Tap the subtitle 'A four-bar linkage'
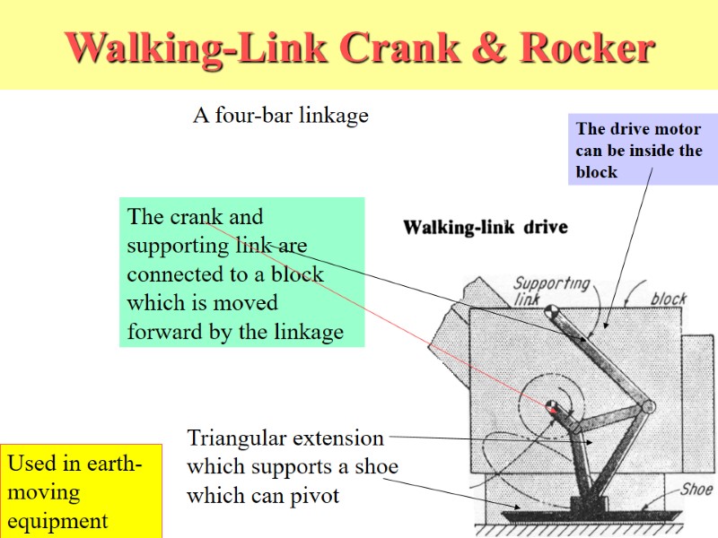tap(281, 116)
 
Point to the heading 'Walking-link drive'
tap(485, 227)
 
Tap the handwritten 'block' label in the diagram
tap(669, 298)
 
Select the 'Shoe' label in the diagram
tap(696, 489)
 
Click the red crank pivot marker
tap(551, 408)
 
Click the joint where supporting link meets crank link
tap(649, 406)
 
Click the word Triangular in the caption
tap(234, 438)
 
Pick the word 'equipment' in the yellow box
tap(57, 521)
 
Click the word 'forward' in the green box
tap(164, 332)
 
